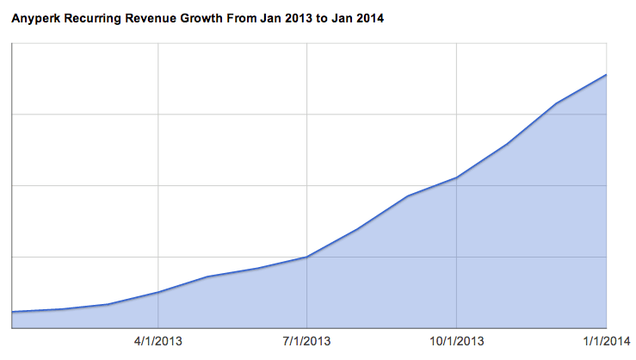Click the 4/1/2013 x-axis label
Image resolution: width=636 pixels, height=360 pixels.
158,341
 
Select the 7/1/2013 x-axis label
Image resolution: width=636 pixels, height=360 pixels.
307,341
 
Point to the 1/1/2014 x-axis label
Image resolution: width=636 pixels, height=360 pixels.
607,341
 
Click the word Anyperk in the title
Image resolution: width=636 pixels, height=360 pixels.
35,18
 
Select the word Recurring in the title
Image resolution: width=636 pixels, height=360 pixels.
93,18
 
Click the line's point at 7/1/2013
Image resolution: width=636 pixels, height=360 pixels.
307,257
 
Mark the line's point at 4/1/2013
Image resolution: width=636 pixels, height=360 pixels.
158,292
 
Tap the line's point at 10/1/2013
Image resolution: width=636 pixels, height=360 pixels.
456,177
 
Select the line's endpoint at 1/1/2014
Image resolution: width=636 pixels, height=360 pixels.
607,75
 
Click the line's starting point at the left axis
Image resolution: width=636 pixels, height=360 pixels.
11,312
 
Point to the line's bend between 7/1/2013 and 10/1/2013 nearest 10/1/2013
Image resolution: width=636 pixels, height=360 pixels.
407,196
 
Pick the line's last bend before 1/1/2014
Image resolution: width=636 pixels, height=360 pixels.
557,103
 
